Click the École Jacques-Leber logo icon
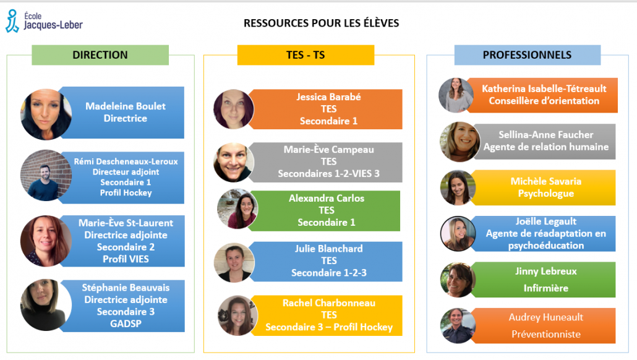pos(12,21)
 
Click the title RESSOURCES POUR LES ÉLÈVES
pos(322,23)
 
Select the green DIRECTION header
pos(100,55)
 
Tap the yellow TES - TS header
pos(306,55)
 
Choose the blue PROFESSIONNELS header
pos(528,55)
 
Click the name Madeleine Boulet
pos(126,106)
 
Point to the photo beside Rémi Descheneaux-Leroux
pos(46,176)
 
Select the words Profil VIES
pos(126,259)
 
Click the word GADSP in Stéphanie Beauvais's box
pos(126,324)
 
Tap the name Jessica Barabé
pos(328,96)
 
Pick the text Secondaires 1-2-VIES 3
pos(328,173)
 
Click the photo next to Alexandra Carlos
pos(237,209)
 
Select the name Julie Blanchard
pos(328,248)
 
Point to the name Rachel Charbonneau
pos(328,302)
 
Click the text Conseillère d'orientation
pos(544,101)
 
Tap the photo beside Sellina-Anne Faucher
pos(460,142)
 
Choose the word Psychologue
pos(545,194)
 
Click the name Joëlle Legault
pos(545,221)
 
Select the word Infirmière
pos(545,288)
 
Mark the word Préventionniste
pos(545,334)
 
